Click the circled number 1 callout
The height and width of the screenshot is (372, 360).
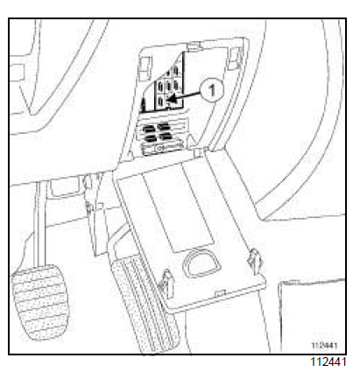(212, 90)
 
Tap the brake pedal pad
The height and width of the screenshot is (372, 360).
(39, 302)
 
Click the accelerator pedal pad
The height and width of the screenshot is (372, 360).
(143, 304)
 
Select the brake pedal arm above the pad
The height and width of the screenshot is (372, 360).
(39, 225)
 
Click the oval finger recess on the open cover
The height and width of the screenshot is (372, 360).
(201, 263)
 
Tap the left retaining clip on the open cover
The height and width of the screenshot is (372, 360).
(167, 282)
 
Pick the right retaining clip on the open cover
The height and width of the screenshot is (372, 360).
(255, 260)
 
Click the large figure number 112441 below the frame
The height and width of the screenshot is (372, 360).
(328, 361)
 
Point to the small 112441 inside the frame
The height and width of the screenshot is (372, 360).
(324, 346)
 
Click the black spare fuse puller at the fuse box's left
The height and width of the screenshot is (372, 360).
(143, 105)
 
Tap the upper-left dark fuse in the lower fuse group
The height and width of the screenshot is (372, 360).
(149, 129)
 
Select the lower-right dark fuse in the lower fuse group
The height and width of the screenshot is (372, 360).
(166, 136)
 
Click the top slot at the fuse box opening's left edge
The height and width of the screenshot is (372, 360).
(145, 68)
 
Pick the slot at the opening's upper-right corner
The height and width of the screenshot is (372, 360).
(235, 59)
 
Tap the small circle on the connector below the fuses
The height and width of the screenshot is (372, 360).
(159, 148)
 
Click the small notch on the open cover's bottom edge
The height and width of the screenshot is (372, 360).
(222, 292)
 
